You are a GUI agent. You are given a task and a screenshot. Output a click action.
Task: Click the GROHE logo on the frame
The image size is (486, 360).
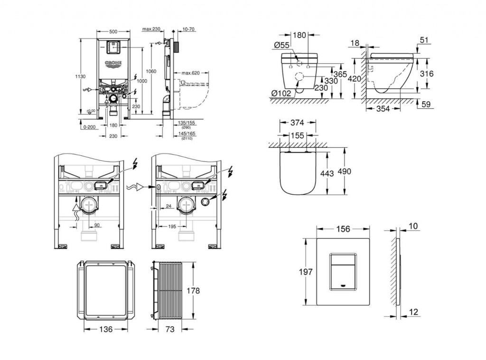pos(113,64)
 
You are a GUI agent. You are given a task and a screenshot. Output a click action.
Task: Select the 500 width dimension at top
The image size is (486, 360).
pos(113,32)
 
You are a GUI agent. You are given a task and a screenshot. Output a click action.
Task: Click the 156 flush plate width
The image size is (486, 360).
pos(343,229)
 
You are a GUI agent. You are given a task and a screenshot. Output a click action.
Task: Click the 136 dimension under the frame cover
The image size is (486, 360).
pos(106,329)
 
